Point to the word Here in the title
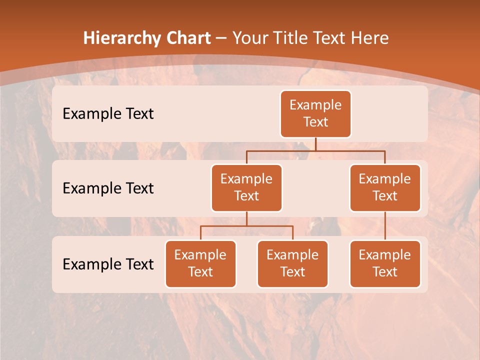[369, 38]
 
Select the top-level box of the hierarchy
[315, 114]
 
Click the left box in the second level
[246, 188]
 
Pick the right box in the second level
[385, 188]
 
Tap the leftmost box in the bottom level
[200, 264]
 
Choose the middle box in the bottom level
[292, 264]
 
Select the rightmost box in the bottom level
[385, 264]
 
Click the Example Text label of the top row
[108, 114]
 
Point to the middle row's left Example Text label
[108, 188]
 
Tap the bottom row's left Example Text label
[108, 264]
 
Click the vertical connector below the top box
[315, 144]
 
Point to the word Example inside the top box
[315, 105]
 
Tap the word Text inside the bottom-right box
[385, 272]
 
